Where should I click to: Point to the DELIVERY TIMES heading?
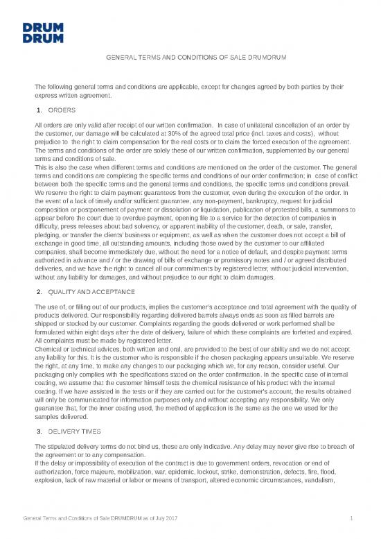tap(76, 431)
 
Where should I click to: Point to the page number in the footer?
tap(353, 518)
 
